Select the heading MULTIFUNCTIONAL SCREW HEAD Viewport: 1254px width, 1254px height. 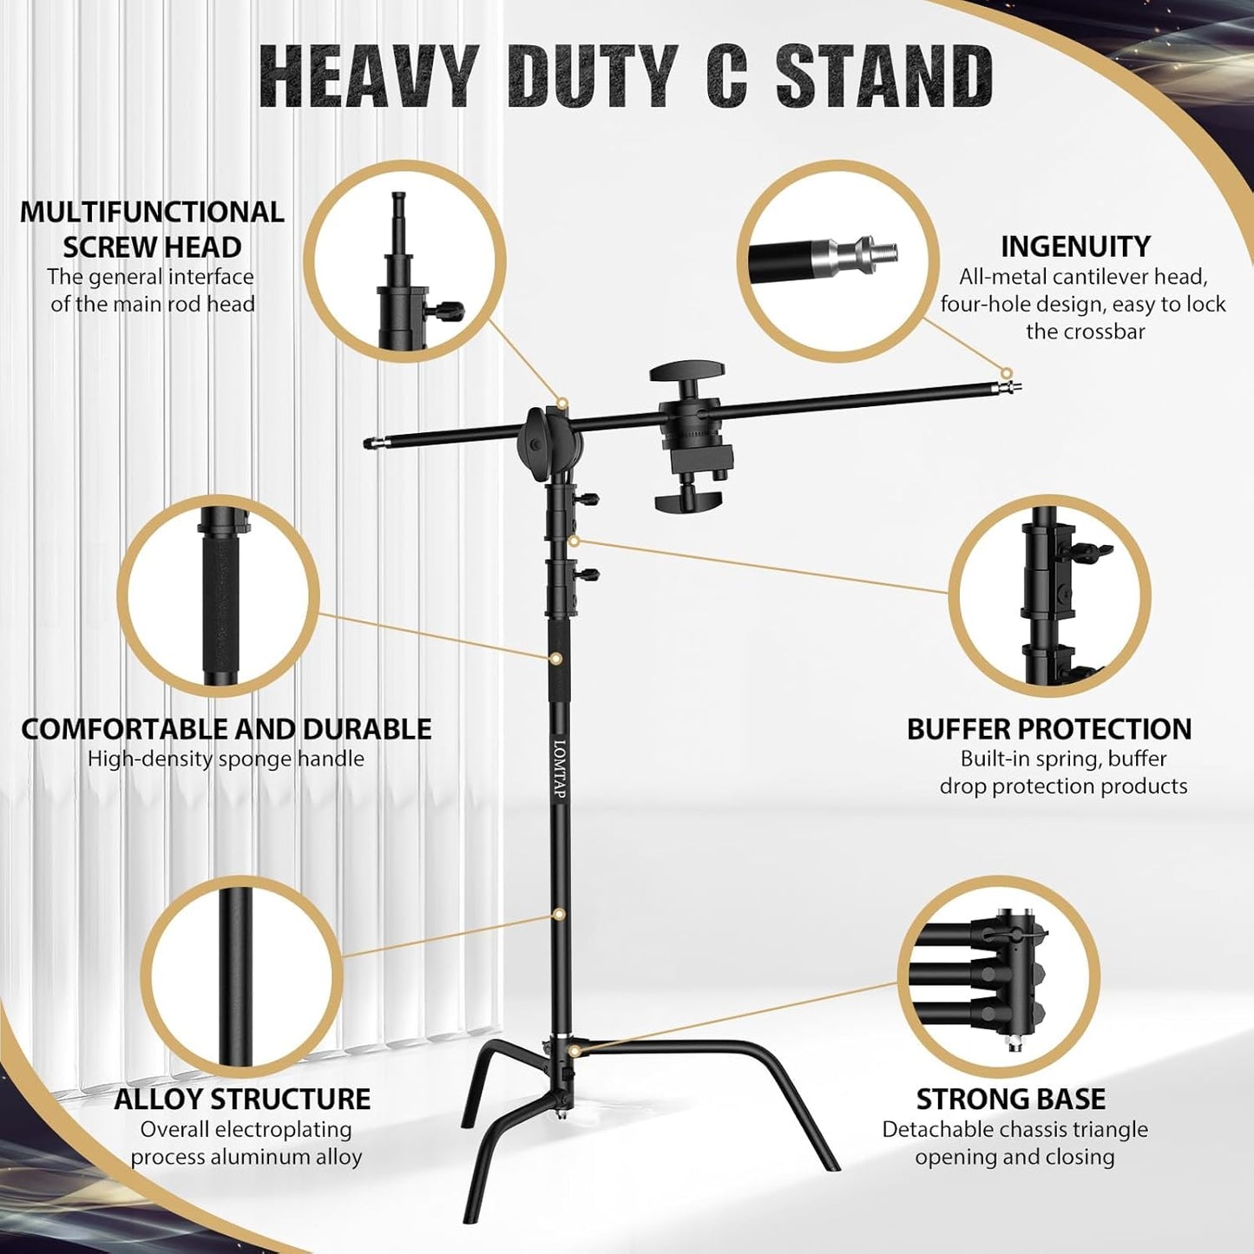152,229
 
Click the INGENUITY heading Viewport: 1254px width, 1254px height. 1075,246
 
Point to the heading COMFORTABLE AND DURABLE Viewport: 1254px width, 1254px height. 226,729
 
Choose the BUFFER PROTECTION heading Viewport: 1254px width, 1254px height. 1049,729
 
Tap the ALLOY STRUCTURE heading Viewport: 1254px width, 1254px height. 242,1099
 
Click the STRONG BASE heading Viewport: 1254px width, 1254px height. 1011,1099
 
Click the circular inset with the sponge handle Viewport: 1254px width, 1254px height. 219,596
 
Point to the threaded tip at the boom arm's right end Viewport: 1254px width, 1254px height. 1010,383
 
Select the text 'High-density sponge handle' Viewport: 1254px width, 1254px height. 226,759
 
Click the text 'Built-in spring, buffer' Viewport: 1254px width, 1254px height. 1063,759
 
